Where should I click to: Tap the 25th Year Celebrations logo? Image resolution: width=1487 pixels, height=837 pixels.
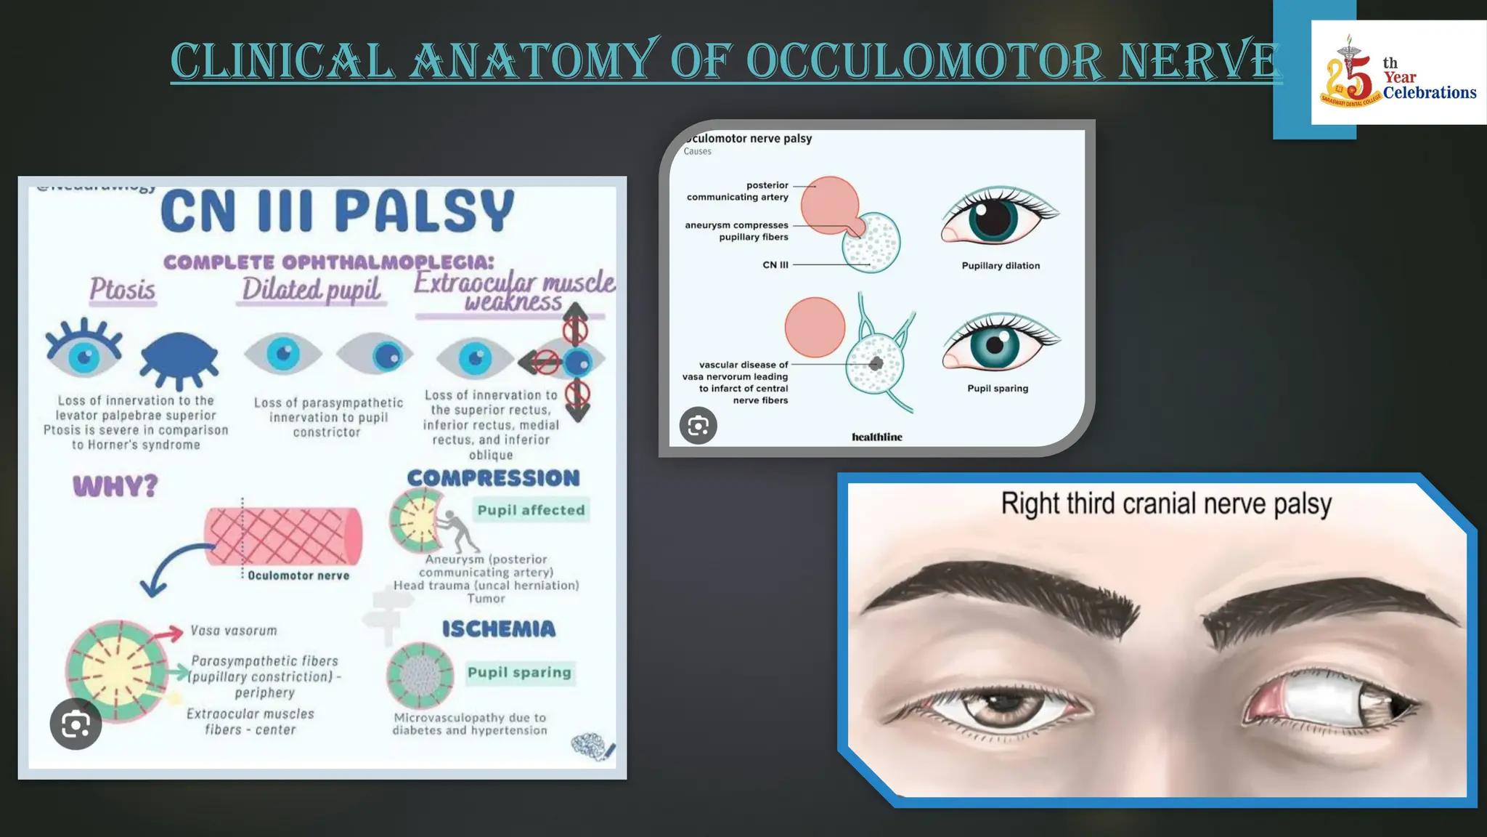pos(1398,73)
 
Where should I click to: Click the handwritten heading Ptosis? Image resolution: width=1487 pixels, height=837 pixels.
pos(122,290)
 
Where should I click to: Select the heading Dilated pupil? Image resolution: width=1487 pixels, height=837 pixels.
pos(311,290)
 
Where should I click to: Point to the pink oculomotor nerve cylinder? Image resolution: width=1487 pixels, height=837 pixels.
pos(283,536)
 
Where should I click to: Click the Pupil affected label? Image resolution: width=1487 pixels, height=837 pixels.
pos(531,510)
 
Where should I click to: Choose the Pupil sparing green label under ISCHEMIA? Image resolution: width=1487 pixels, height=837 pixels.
pos(519,673)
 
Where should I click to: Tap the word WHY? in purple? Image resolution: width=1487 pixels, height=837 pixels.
pos(115,486)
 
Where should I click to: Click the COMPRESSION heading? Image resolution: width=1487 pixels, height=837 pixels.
pos(494,478)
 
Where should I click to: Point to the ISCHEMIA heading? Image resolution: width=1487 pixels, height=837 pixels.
pos(499,629)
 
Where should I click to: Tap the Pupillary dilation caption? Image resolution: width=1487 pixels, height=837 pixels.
pos(1001,266)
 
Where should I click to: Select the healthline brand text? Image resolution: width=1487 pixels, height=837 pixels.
pos(877,437)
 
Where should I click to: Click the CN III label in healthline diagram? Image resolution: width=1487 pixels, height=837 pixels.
pos(775,265)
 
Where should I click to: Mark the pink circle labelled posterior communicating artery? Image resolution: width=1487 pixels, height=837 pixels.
pos(828,205)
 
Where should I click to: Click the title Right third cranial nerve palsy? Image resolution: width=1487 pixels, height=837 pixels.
pos(1166,504)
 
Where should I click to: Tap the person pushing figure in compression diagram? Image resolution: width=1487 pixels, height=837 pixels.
pos(458,531)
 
